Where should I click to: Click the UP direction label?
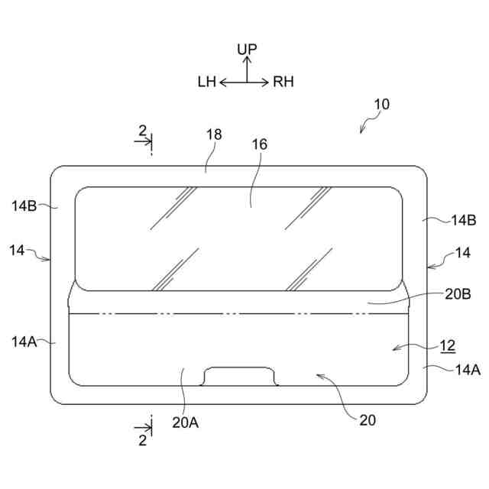click(x=247, y=49)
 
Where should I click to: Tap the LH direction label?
click(x=207, y=82)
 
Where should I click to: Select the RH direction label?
click(x=283, y=82)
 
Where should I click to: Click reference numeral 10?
click(x=382, y=105)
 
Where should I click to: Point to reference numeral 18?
click(x=214, y=134)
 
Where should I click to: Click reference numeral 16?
click(x=260, y=144)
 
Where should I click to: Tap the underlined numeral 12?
click(x=448, y=345)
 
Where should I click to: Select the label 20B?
click(x=458, y=294)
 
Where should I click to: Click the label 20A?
click(x=185, y=423)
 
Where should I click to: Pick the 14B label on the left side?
click(x=24, y=206)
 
